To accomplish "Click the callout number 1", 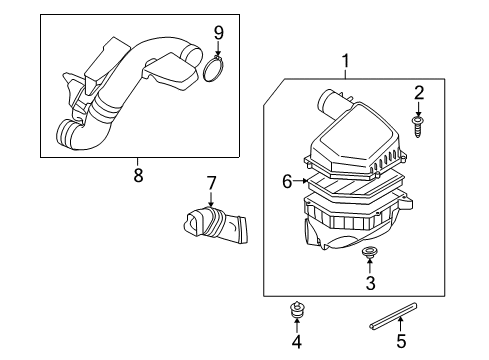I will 345,64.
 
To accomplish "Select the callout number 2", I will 419,93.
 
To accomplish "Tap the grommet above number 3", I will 370,253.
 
